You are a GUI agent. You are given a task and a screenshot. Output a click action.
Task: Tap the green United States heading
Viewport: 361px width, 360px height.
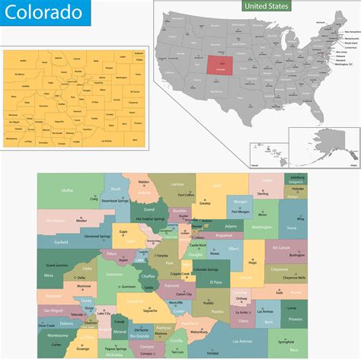click(267, 6)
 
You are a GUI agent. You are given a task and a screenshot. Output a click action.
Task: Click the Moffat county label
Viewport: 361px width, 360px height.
click(68, 190)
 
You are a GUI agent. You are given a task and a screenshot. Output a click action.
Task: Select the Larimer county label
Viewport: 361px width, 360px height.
click(177, 184)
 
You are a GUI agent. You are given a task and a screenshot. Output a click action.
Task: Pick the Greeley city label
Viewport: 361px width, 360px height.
click(205, 203)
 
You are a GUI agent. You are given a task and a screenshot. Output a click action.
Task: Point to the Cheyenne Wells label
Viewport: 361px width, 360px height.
click(292, 277)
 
